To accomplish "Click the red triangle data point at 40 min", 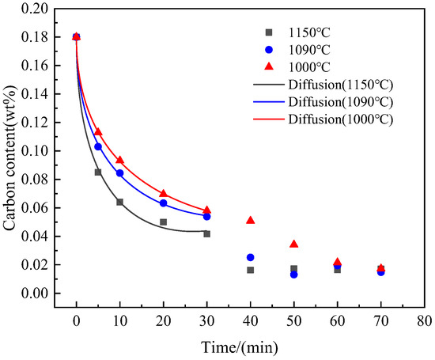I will pyautogui.click(x=250, y=220).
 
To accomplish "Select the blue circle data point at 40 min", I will pyautogui.click(x=250, y=257).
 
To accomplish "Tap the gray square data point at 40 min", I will pyautogui.click(x=250, y=270).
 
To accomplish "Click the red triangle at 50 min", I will pyautogui.click(x=293, y=244).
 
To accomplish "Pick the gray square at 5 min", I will pyautogui.click(x=98, y=172).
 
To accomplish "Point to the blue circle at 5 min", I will pyautogui.click(x=98, y=146).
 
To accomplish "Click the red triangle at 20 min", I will pyautogui.click(x=163, y=193).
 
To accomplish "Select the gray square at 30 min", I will pyautogui.click(x=206, y=233).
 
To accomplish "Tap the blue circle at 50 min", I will pyautogui.click(x=293, y=274).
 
